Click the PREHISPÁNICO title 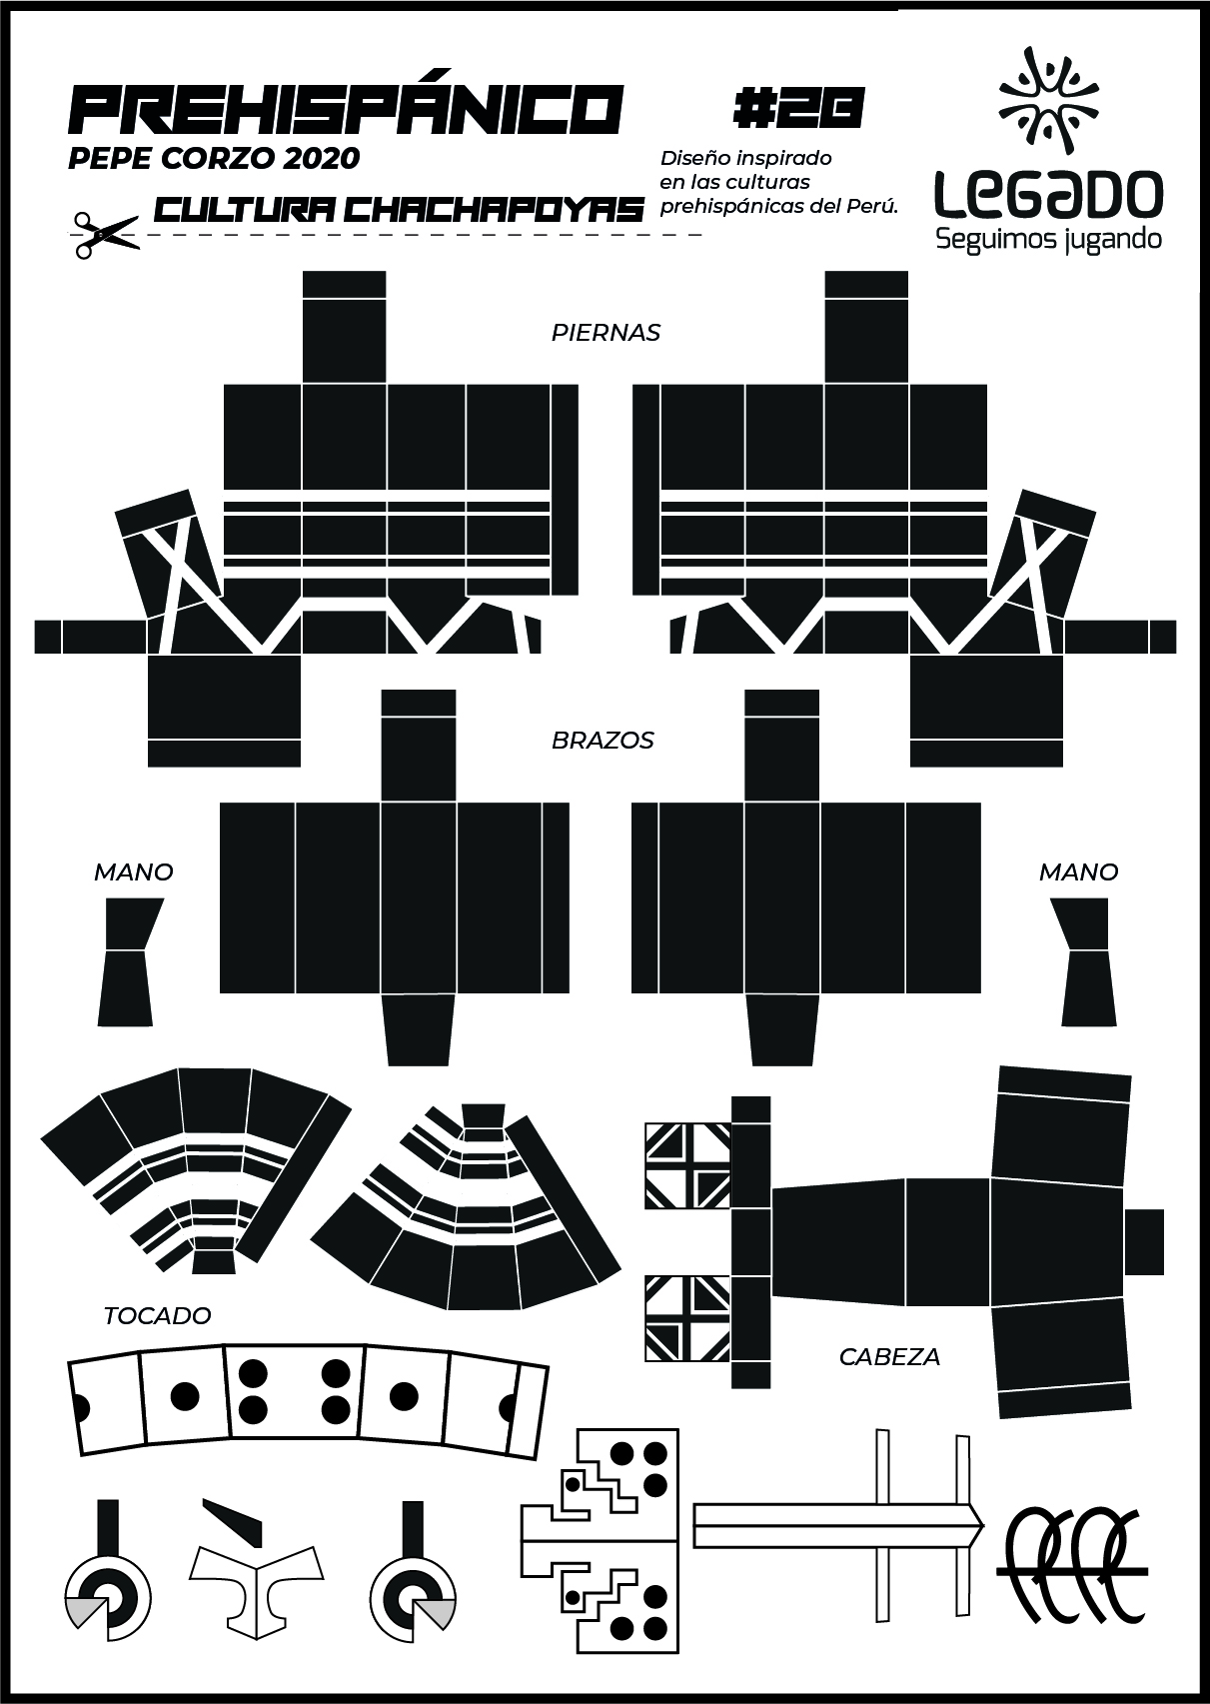coord(346,110)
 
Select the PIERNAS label coord(605,333)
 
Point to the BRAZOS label coord(603,741)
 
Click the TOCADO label coord(157,1315)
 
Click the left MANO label coord(133,871)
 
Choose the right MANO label coord(1078,871)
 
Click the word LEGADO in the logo coord(1048,193)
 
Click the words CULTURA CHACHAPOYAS coord(400,210)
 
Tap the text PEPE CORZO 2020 coord(214,158)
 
